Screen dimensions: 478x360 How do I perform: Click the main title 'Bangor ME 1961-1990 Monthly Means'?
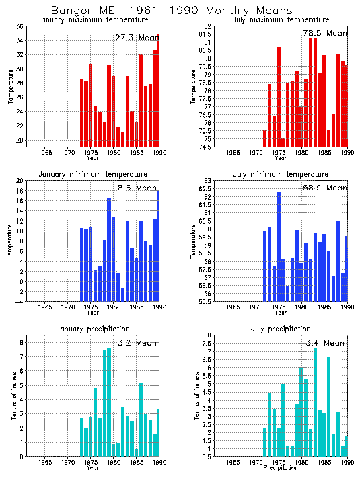coord(172,11)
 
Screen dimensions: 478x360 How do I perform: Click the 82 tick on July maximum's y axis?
coord(208,26)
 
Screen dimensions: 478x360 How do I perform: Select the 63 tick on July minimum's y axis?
coord(208,181)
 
